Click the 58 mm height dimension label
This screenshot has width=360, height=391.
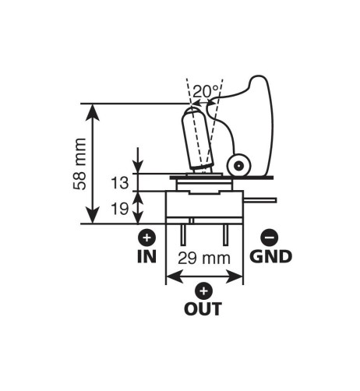[x=79, y=164]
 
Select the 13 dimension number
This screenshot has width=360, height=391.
[x=120, y=183]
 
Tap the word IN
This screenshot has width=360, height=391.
[x=146, y=256]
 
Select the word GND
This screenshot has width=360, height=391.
[x=270, y=256]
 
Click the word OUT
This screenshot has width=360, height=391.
[x=203, y=308]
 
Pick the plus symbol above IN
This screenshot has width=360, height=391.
[x=146, y=238]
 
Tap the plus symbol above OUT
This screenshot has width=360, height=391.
[x=203, y=291]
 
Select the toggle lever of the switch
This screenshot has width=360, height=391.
[x=199, y=139]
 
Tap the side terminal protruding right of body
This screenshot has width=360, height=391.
[x=260, y=199]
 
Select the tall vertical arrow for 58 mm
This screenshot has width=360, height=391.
[x=93, y=164]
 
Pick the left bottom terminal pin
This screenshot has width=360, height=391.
[x=182, y=234]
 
